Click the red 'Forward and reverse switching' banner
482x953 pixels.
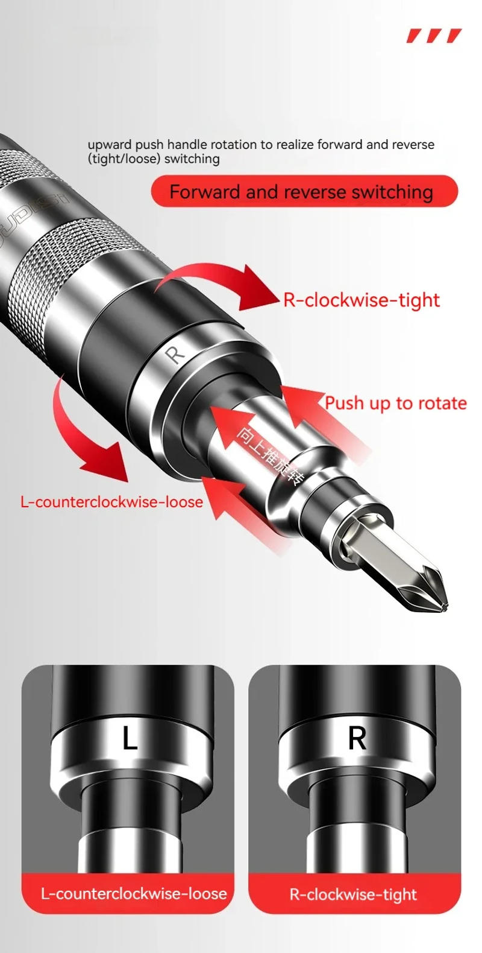[304, 192]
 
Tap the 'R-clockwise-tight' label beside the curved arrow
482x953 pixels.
[361, 300]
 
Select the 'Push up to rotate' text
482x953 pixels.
[396, 403]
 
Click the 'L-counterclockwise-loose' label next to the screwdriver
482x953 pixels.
[111, 502]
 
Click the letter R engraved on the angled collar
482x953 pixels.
[175, 354]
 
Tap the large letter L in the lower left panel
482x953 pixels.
[130, 738]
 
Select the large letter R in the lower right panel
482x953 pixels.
[357, 738]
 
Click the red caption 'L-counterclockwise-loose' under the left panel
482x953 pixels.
[133, 893]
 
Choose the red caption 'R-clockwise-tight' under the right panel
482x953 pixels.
[353, 894]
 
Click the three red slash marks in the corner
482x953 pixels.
[434, 36]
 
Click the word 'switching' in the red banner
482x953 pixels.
[392, 192]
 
